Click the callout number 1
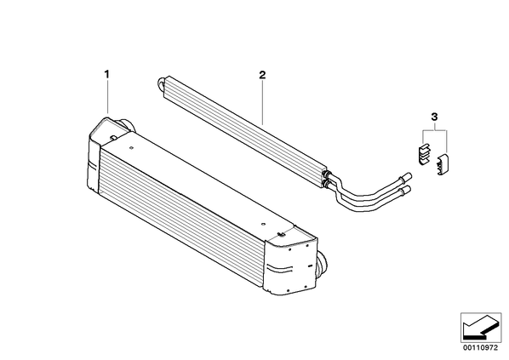[106, 74]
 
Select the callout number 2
[262, 75]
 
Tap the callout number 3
[435, 117]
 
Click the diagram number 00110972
[480, 348]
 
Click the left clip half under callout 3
[423, 153]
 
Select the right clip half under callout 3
[442, 164]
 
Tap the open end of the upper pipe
[409, 176]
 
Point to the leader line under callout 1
[107, 97]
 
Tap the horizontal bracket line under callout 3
[435, 130]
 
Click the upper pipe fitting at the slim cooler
[328, 174]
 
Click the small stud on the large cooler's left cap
[112, 138]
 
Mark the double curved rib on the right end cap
[279, 269]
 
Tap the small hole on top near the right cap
[263, 224]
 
